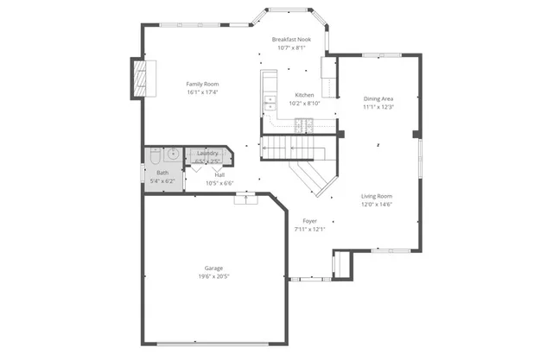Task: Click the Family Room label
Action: point(203,84)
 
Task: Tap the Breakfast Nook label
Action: point(290,40)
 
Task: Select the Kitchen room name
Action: point(304,95)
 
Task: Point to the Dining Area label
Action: point(378,99)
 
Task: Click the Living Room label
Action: point(377,196)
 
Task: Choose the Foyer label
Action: point(308,221)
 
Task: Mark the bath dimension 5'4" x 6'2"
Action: point(162,182)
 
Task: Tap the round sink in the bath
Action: point(172,155)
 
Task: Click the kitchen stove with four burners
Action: point(302,125)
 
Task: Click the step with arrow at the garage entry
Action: point(248,199)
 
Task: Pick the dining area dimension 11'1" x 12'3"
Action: point(378,107)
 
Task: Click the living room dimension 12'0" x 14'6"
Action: point(377,204)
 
